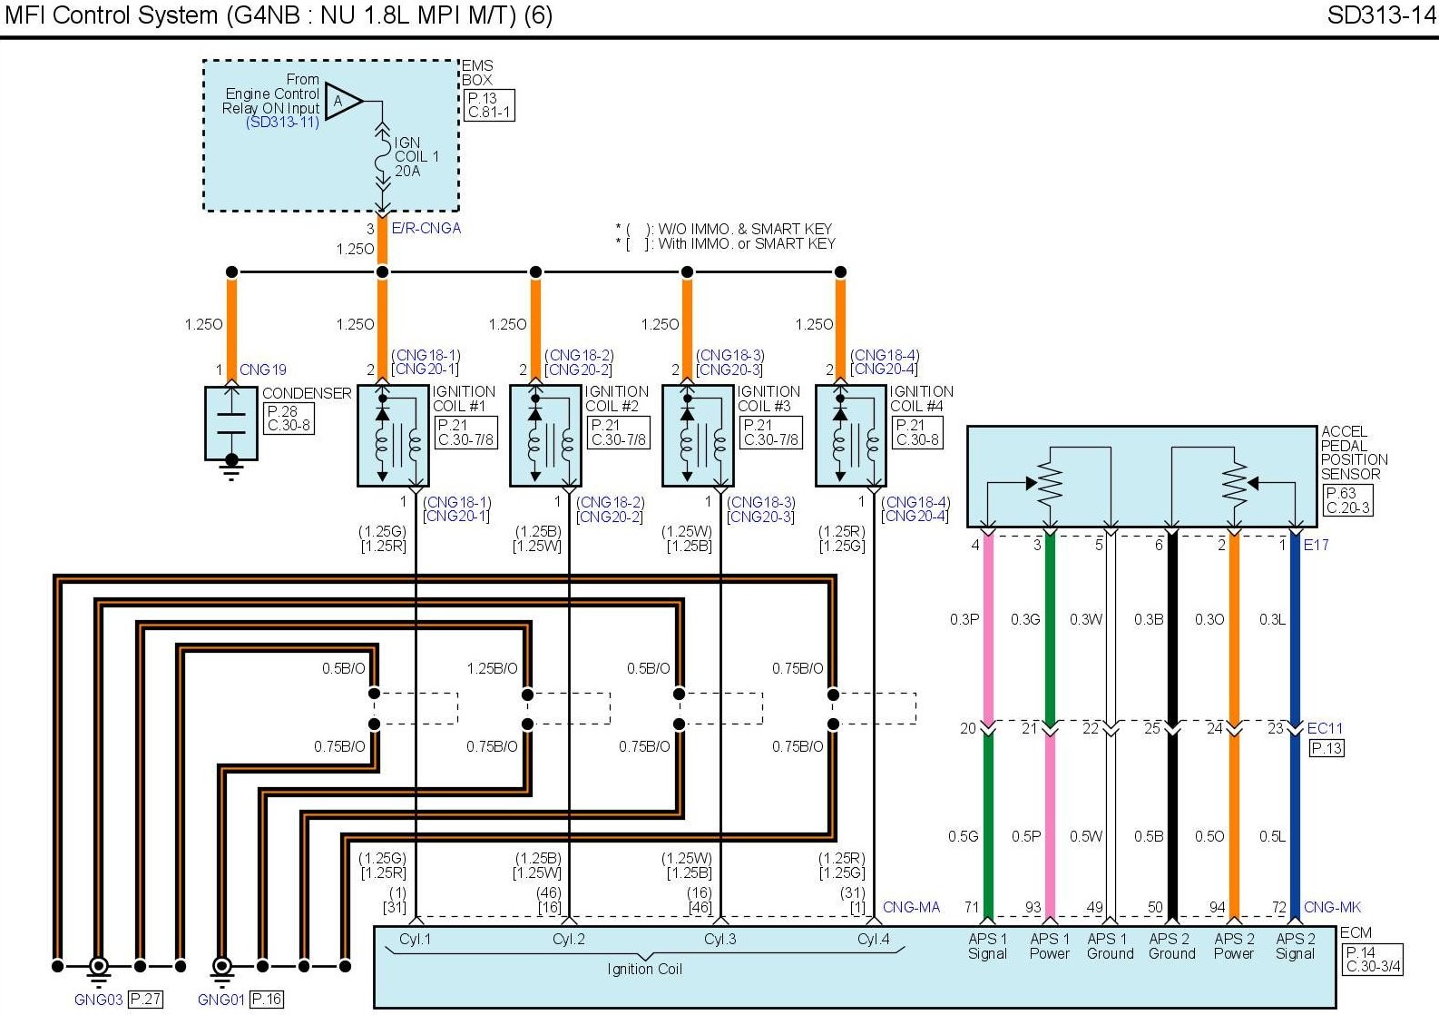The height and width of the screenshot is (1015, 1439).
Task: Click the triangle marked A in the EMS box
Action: click(343, 101)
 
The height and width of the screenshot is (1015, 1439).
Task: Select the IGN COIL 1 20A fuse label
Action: click(416, 157)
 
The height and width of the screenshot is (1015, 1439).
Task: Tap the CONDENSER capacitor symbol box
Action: click(231, 423)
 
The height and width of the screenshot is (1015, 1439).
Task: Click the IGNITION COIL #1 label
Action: click(463, 399)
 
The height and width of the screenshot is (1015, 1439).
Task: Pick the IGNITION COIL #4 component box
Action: click(850, 435)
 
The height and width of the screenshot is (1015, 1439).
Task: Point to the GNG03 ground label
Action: click(98, 1000)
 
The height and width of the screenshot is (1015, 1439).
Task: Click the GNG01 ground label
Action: click(221, 1000)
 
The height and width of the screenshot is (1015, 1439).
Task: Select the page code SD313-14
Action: click(1381, 15)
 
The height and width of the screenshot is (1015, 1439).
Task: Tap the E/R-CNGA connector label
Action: click(426, 228)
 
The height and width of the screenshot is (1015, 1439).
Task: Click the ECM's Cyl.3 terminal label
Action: click(720, 939)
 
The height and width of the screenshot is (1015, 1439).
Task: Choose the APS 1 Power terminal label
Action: click(1049, 946)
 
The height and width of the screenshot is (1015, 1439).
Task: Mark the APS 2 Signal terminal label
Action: click(1295, 946)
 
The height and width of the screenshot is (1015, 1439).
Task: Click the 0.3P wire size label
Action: click(964, 619)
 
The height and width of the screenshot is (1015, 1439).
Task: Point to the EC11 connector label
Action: click(1325, 728)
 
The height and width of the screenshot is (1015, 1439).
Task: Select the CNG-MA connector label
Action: click(911, 907)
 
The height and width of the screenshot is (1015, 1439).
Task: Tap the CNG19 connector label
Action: click(263, 370)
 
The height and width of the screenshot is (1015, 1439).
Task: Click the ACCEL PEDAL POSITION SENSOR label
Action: click(1354, 452)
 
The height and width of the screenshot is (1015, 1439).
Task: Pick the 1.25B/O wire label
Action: click(492, 668)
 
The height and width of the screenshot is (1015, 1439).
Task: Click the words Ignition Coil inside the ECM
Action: click(644, 969)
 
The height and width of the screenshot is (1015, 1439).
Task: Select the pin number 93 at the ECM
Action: click(1033, 907)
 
